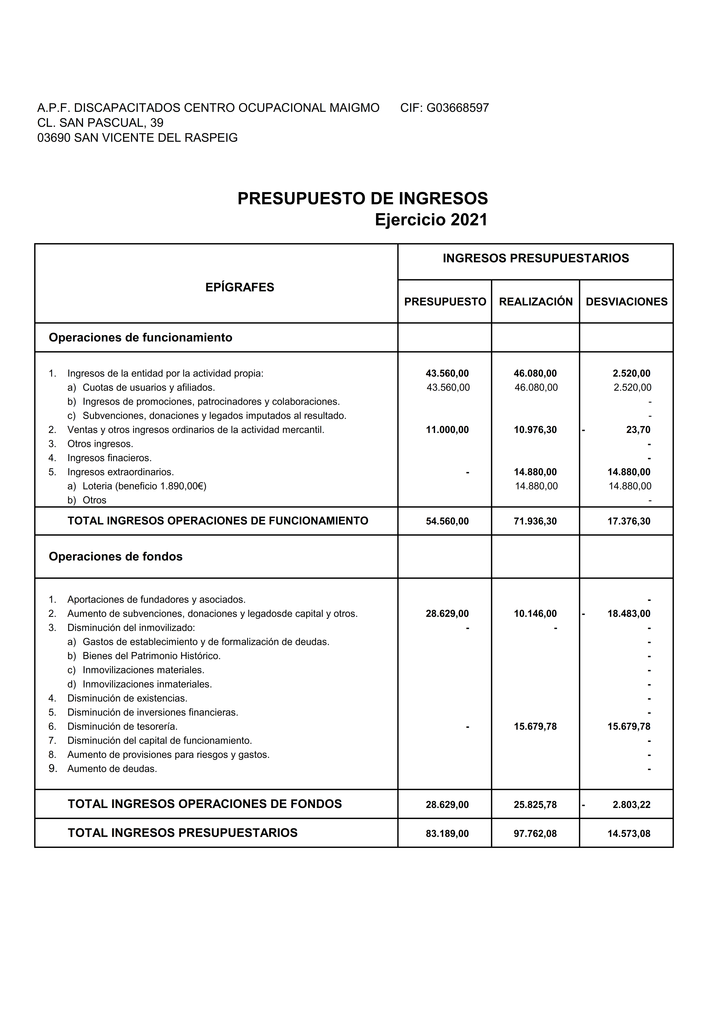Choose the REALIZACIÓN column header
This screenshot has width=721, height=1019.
pyautogui.click(x=536, y=302)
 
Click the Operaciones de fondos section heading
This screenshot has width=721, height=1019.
pyautogui.click(x=115, y=557)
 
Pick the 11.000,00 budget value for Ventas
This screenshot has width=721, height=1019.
pyautogui.click(x=447, y=430)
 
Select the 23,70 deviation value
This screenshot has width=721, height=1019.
pyautogui.click(x=638, y=430)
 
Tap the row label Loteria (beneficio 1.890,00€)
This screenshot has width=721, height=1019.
pyautogui.click(x=144, y=486)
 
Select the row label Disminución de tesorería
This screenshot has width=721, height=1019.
pyautogui.click(x=122, y=726)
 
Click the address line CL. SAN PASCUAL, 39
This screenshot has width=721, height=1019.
pyautogui.click(x=100, y=123)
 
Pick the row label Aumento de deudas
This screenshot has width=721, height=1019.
pyautogui.click(x=112, y=769)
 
